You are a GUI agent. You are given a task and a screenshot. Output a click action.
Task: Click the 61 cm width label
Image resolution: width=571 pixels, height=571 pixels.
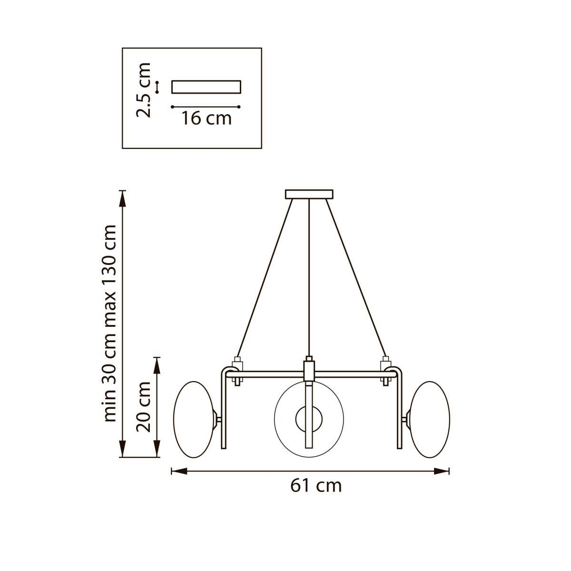tap(316, 486)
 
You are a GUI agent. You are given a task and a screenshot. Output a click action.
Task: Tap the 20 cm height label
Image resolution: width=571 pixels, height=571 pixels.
tap(144, 406)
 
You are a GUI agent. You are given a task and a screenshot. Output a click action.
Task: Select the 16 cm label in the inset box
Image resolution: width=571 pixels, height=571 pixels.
tap(206, 118)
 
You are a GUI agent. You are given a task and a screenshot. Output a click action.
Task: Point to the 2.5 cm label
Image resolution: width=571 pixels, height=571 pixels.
tap(143, 90)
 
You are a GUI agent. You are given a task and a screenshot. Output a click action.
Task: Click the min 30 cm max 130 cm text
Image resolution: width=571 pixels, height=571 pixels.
tap(110, 324)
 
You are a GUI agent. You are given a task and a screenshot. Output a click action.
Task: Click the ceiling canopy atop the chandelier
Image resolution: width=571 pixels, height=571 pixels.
tap(309, 195)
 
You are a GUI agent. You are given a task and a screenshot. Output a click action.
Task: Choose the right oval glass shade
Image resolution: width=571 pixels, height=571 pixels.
tap(429, 420)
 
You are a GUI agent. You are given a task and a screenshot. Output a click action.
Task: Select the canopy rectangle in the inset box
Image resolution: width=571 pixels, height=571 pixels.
tap(206, 87)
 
